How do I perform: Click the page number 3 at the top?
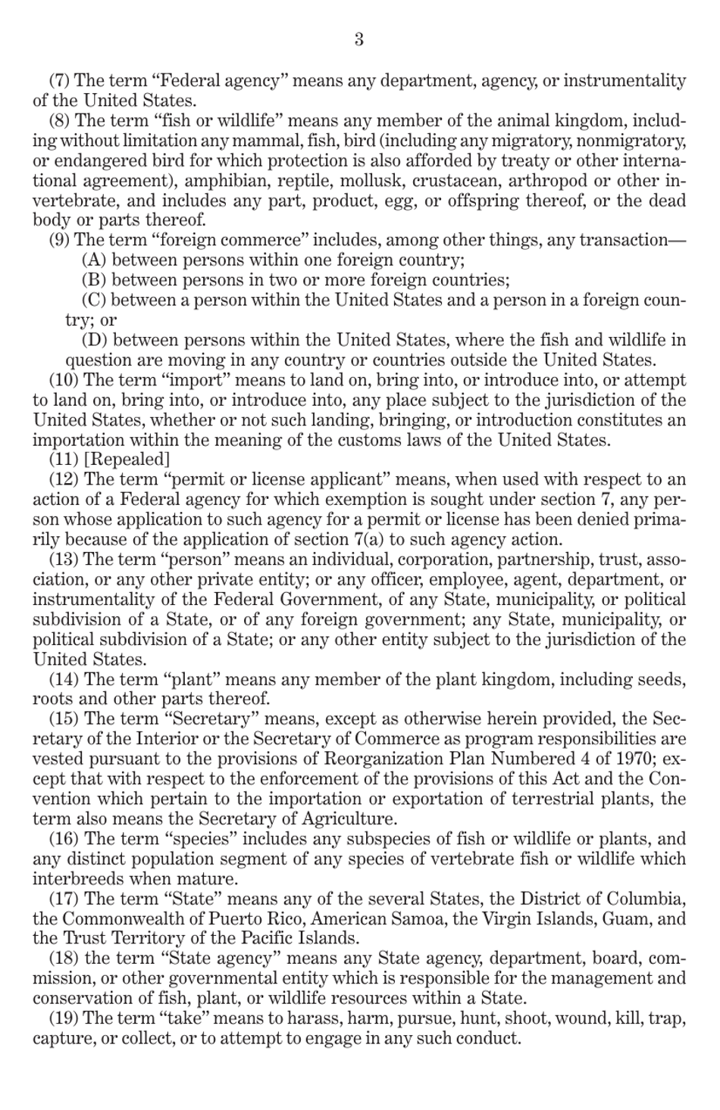point(359,39)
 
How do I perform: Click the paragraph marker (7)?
point(60,81)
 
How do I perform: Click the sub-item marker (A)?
point(93,260)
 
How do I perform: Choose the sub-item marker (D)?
point(94,341)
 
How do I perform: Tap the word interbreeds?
point(77,879)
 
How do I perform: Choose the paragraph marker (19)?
point(64,1018)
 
